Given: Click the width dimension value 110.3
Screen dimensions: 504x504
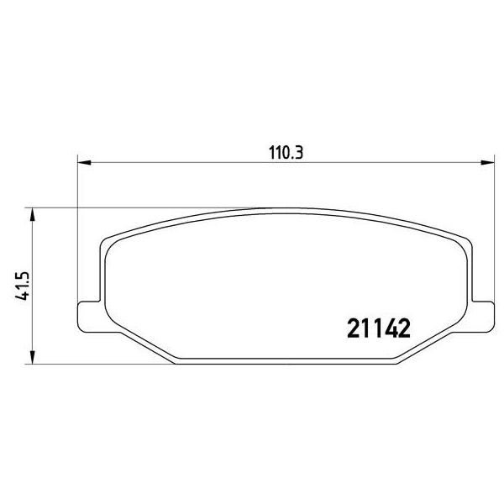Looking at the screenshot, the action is pyautogui.click(x=286, y=153).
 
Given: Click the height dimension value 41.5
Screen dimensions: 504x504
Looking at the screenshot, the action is pyautogui.click(x=23, y=286).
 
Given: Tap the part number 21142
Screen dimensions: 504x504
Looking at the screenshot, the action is pyautogui.click(x=379, y=328).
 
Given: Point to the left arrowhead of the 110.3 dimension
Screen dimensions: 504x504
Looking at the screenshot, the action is pyautogui.click(x=85, y=163).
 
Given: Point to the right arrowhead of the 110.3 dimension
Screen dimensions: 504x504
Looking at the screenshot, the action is pyautogui.click(x=487, y=163).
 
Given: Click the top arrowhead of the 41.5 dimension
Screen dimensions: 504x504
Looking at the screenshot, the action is pyautogui.click(x=32, y=214).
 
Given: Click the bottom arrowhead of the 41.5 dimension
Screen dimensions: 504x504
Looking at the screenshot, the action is pyautogui.click(x=32, y=358).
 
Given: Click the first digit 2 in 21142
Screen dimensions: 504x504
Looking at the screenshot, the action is pyautogui.click(x=354, y=328).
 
